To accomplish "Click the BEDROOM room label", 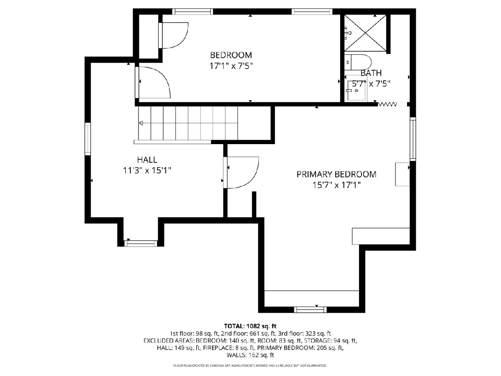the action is (231, 55).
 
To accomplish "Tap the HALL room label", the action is (147, 160).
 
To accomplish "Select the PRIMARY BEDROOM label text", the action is (336, 174).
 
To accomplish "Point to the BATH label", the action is (371, 73).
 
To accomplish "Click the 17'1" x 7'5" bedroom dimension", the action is (231, 66).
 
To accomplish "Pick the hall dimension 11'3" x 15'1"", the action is (147, 170).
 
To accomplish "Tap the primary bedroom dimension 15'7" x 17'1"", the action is (337, 185).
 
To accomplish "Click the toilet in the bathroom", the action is (358, 62).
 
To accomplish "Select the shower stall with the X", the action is (365, 33).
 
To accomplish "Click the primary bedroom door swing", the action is (241, 173).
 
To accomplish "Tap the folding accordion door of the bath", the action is (387, 104).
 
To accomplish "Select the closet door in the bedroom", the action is (173, 36).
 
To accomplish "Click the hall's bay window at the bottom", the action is (141, 244).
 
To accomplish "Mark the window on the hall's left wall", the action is (88, 139).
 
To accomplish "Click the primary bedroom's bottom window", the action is (310, 310).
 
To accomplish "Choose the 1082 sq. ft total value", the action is (261, 326).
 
